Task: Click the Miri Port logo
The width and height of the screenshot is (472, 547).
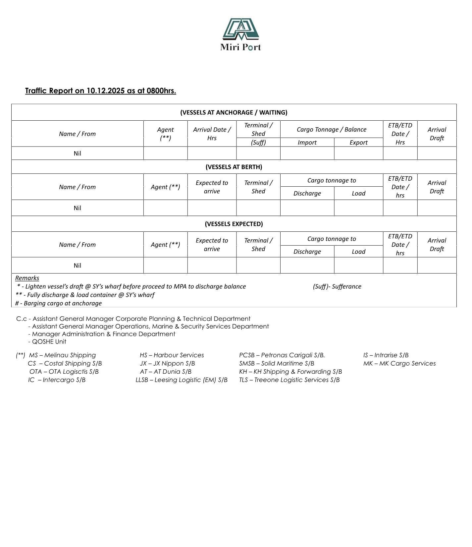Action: pyautogui.click(x=240, y=34)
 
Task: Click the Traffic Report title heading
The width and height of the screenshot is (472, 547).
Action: pyautogui.click(x=100, y=91)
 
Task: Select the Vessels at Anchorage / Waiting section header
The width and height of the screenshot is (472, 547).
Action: pyautogui.click(x=234, y=112)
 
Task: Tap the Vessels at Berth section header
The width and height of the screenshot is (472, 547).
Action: pyautogui.click(x=234, y=167)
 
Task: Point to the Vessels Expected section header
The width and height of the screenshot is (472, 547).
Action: pyautogui.click(x=234, y=224)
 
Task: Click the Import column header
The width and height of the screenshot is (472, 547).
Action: pyautogui.click(x=307, y=143)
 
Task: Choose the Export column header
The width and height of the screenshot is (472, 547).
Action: pyautogui.click(x=358, y=143)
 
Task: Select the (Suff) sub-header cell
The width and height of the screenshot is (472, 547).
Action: pyautogui.click(x=258, y=143)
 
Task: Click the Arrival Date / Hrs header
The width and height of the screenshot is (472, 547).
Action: pyautogui.click(x=212, y=134)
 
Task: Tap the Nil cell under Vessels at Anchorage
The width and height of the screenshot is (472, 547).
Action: pyautogui.click(x=77, y=153)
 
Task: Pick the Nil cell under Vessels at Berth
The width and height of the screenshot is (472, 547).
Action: pyautogui.click(x=77, y=208)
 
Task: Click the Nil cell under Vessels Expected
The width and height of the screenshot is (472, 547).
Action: pyautogui.click(x=77, y=265)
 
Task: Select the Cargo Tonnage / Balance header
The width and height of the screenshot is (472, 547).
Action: pyautogui.click(x=331, y=129)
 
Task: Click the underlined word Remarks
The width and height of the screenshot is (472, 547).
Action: pyautogui.click(x=27, y=278)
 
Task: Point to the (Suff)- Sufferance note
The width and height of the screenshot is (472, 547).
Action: pyautogui.click(x=337, y=286)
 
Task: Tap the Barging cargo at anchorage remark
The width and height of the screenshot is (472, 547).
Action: pyautogui.click(x=59, y=303)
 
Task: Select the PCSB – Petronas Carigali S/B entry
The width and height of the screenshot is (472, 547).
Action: pyautogui.click(x=282, y=355)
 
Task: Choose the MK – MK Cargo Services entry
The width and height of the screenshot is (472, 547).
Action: pyautogui.click(x=399, y=363)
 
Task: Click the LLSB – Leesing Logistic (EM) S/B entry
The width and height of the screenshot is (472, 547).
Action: pyautogui.click(x=182, y=380)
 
